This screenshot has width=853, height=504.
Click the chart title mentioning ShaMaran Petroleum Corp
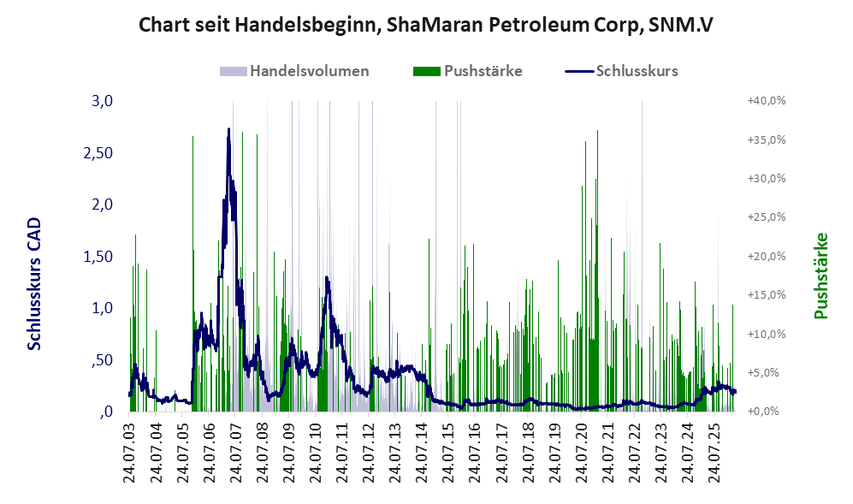point(425,25)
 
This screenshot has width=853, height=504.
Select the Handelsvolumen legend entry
point(294,71)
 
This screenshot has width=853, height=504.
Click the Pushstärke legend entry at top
point(467,71)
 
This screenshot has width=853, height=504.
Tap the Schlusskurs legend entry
point(621,71)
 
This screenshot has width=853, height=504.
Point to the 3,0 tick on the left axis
point(103,101)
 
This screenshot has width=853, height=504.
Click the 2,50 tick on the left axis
point(98,153)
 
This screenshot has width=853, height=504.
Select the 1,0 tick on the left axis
point(103,308)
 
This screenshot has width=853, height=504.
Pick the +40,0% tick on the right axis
point(767,101)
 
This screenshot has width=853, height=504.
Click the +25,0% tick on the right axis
point(767,217)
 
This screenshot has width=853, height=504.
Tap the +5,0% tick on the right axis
point(769,373)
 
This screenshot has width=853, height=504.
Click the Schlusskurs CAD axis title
point(34,283)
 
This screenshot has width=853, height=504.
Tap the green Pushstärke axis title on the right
point(820,276)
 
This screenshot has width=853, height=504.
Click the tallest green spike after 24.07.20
point(597,270)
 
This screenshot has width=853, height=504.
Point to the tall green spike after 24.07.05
point(193,274)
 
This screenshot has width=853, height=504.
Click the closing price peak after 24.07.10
point(327,277)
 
